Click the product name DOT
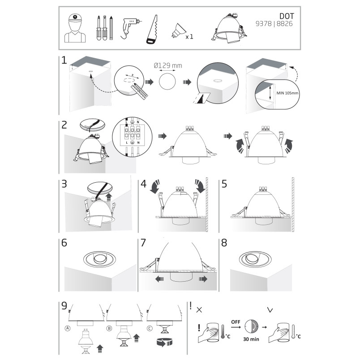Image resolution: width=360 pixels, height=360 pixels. pos(287,16)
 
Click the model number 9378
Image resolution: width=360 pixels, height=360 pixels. pos(264,24)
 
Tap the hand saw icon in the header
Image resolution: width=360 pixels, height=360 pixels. pos(152,30)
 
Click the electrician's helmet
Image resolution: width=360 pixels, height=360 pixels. pos(75,17)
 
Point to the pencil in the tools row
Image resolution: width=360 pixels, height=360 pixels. pos(111,28)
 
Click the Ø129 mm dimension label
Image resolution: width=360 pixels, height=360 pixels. pos(168,66)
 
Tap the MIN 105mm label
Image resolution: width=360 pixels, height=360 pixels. pos(287,93)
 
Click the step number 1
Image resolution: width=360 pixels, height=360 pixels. pos(64,60)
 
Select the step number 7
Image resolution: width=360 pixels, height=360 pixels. pos(143,243)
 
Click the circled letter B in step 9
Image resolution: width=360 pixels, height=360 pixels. pos(109,328)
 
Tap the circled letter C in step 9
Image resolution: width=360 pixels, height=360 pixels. pos(150,328)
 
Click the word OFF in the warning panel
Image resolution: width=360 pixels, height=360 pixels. pos(236,321)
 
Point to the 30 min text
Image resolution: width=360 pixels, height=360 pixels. pos(251,339)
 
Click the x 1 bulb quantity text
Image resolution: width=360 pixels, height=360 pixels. pos(189,37)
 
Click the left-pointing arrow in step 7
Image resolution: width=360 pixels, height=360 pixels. pos(159,279)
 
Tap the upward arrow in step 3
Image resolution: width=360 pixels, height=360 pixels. pos(109,197)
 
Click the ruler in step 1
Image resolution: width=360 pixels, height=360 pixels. pos(140,92)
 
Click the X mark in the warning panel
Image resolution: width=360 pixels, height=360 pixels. pos(199,310)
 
